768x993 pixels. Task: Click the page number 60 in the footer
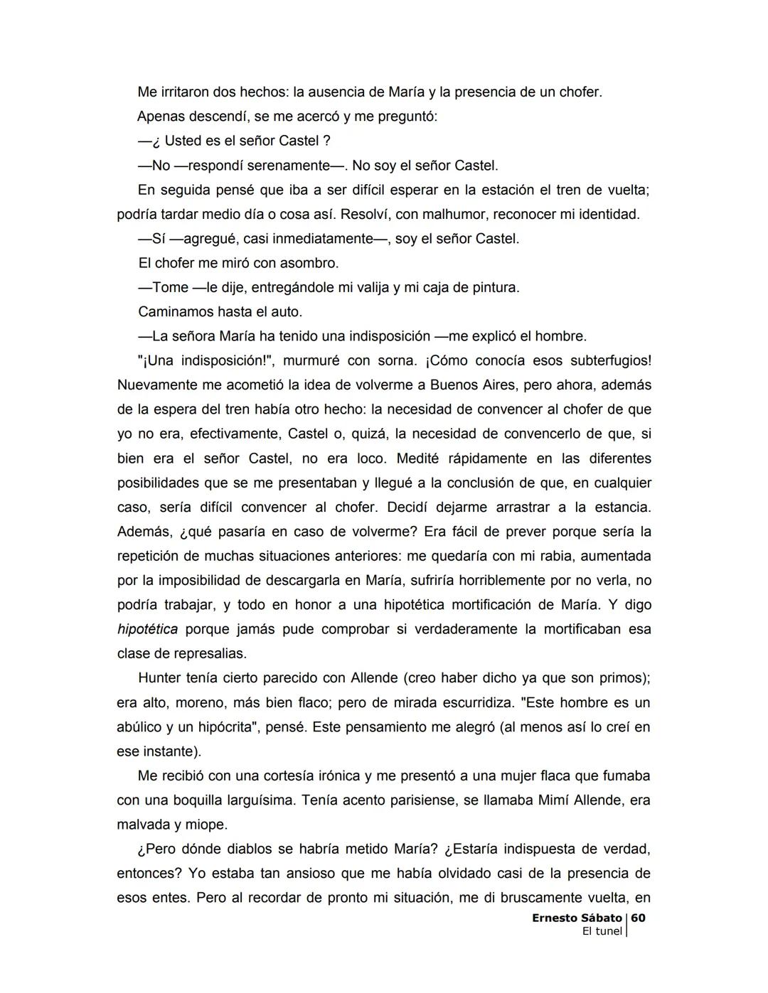click(638, 918)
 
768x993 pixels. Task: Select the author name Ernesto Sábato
click(577, 918)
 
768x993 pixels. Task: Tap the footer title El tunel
click(602, 931)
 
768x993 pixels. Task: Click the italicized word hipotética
click(147, 629)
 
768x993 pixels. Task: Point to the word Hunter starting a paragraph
click(160, 678)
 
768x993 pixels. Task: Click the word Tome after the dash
click(170, 288)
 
